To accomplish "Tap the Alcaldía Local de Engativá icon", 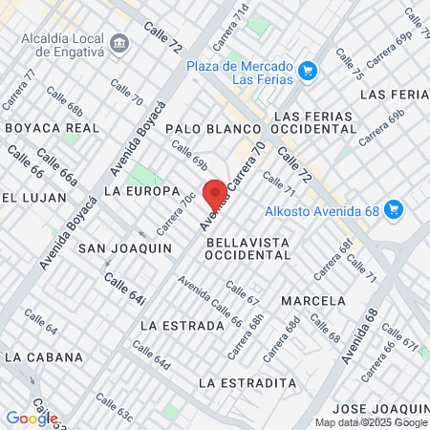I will (120, 43).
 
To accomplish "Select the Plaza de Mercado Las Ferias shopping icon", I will (307, 70).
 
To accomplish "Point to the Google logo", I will (32, 418).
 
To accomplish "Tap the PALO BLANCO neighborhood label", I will (213, 128).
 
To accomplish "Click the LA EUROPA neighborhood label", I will (141, 191).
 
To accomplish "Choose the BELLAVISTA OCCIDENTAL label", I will (247, 249).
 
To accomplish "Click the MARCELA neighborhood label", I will (313, 300).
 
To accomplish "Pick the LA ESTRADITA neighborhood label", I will (247, 382).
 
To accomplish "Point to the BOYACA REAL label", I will (53, 127).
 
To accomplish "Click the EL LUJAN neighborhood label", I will (34, 197).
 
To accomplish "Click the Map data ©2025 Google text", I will (372, 422).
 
